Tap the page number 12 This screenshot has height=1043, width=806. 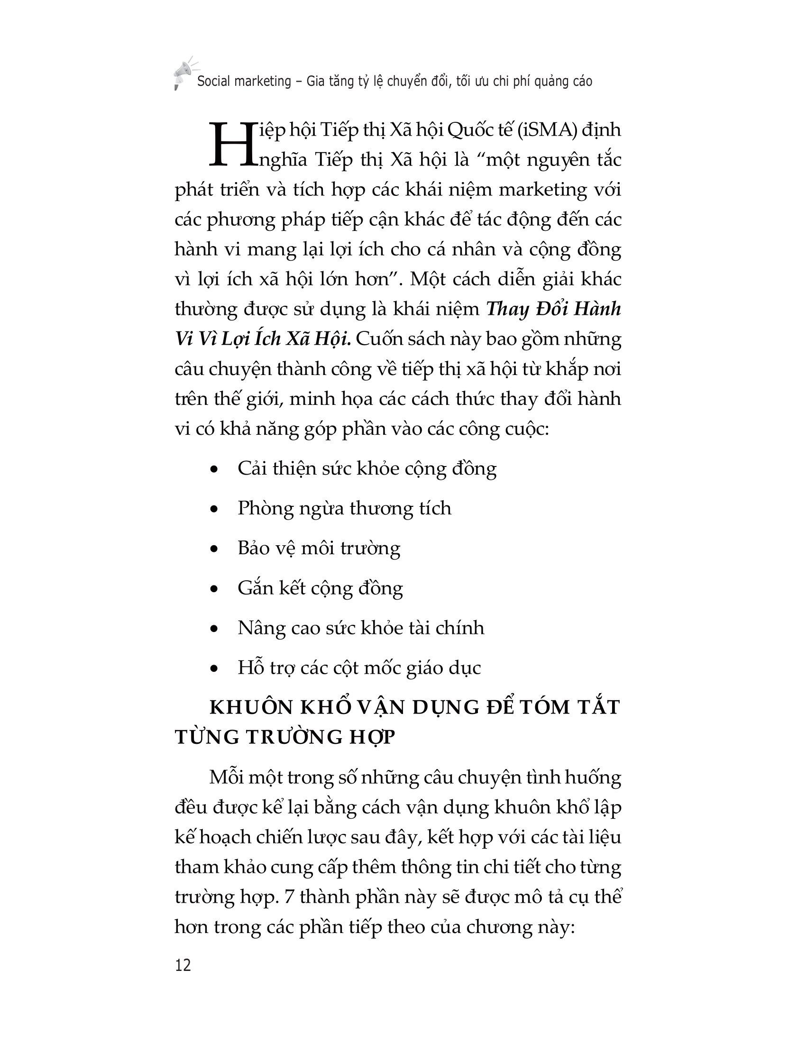[x=183, y=965]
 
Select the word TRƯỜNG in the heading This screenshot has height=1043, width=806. [x=294, y=738]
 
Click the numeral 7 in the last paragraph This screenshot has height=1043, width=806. [x=289, y=897]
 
